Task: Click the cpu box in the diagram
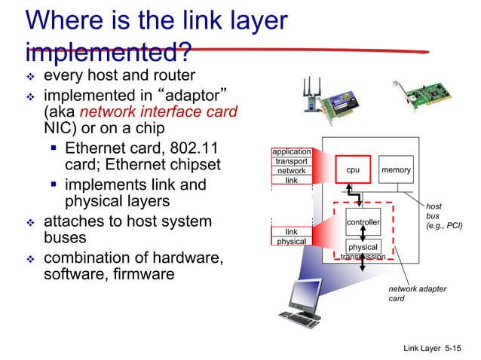point(353,170)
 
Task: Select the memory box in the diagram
point(396,170)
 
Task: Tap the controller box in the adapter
point(363,222)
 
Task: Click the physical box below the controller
point(363,247)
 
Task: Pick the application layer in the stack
point(291,152)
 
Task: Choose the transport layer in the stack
point(291,161)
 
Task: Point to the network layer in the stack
point(291,171)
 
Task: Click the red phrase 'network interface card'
point(159,112)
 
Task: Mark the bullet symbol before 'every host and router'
point(31,78)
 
